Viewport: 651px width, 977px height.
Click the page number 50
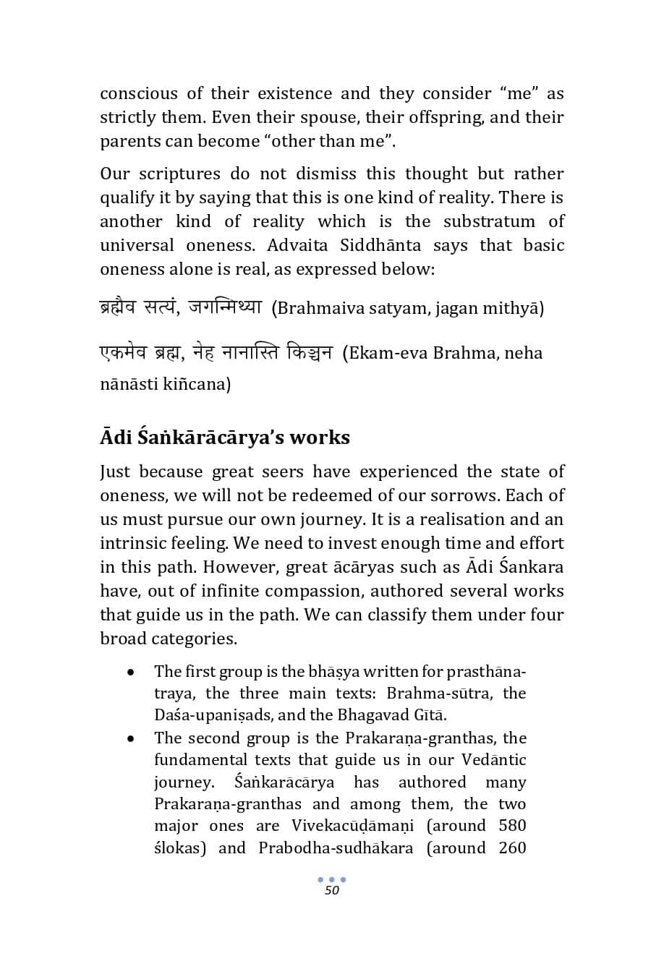tap(332, 890)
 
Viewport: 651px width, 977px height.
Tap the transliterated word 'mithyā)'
tap(516, 309)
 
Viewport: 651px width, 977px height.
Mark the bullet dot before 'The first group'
tap(130, 673)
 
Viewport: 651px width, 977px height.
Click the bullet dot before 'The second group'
tap(130, 739)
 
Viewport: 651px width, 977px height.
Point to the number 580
tap(512, 826)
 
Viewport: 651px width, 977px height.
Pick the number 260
tap(512, 848)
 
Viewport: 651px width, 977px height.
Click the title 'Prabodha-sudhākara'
tap(336, 848)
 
